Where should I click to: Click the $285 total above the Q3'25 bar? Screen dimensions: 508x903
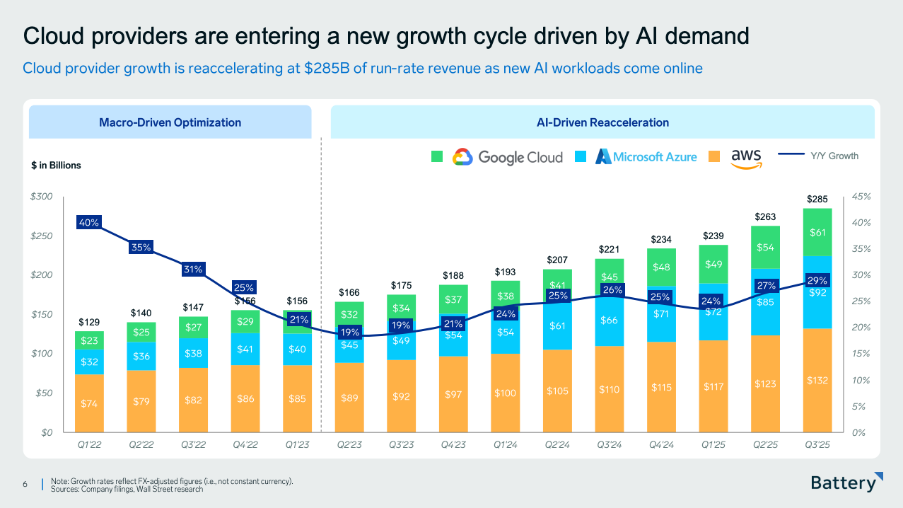817,200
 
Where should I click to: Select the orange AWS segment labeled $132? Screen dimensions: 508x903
817,381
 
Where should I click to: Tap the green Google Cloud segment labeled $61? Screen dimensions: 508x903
817,232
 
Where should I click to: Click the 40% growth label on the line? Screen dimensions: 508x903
89,223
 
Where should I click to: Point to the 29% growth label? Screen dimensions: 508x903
817,281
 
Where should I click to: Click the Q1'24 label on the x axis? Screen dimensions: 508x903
505,445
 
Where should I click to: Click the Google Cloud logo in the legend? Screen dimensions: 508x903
507,157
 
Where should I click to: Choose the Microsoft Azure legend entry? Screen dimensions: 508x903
646,157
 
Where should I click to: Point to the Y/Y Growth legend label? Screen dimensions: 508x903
834,156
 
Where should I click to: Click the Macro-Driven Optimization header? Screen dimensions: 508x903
170,122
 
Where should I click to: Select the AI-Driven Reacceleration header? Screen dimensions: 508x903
602,122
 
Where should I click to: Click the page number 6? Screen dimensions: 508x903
25,484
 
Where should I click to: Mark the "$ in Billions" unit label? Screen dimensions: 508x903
57,166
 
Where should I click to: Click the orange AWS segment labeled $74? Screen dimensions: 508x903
89,403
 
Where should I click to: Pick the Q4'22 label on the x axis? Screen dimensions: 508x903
245,445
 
